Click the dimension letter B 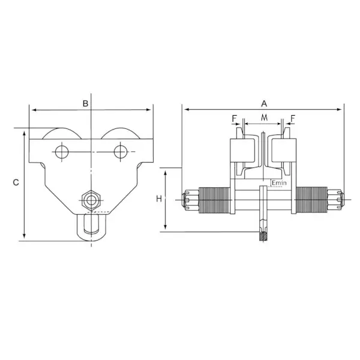[x=85, y=104]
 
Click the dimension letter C [x=16, y=182]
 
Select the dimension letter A [x=264, y=104]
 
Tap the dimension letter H [x=159, y=199]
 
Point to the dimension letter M [x=264, y=118]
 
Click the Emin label [x=279, y=183]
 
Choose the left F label [x=234, y=118]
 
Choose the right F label [x=293, y=118]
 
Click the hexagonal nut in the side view [x=91, y=200]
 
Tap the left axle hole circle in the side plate [x=62, y=152]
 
